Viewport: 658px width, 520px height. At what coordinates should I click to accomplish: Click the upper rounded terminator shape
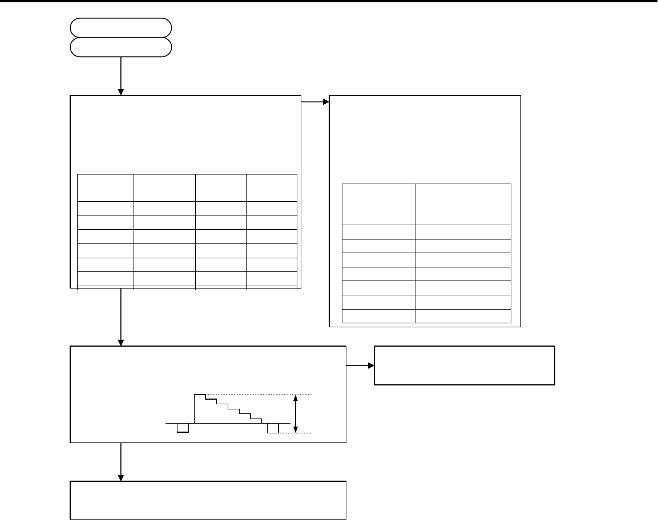pos(121,27)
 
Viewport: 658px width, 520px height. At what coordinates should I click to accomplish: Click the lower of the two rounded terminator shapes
pos(121,47)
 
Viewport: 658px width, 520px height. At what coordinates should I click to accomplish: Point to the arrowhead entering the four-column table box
pos(121,91)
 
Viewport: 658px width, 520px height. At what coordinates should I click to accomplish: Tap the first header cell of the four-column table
pos(106,187)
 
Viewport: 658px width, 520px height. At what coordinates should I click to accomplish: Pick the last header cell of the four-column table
pos(272,187)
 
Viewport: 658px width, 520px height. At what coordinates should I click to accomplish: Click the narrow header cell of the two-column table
pos(378,204)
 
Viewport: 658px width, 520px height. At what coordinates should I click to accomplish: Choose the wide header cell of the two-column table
pos(462,204)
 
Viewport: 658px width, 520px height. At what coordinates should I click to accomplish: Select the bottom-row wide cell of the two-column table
pos(462,316)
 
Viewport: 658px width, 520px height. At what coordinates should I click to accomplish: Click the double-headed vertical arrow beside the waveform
pos(295,413)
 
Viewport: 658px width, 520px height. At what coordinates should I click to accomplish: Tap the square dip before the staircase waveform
pos(183,428)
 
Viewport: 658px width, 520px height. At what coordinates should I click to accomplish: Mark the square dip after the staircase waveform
pos(273,428)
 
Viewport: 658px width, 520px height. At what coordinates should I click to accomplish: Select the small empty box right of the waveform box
pos(464,365)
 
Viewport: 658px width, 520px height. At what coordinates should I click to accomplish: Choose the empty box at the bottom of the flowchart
pos(208,501)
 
